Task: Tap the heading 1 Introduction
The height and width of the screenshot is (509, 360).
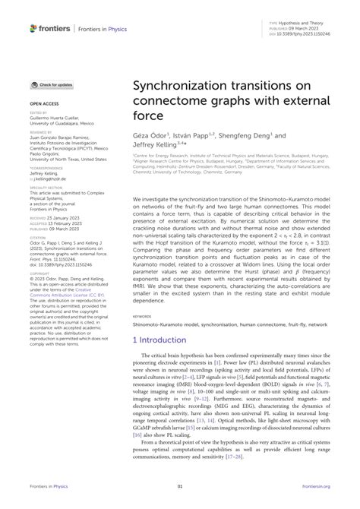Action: pos(160,340)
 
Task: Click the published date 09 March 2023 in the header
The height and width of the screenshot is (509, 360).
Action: pos(296,29)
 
